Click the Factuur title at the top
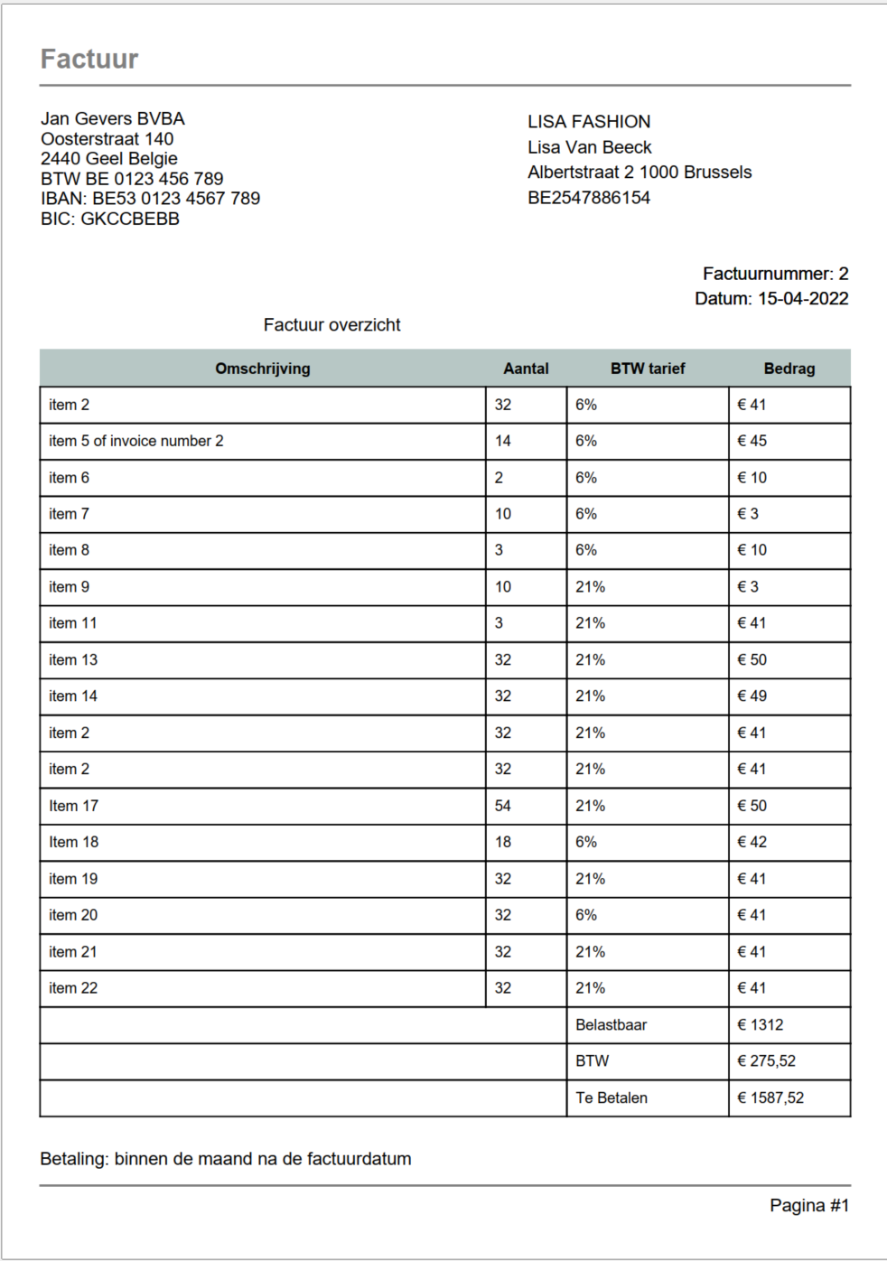point(89,60)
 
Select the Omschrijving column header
point(262,369)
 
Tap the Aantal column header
point(526,369)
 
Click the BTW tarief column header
point(647,369)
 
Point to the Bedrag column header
point(789,369)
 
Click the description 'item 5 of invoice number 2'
point(136,441)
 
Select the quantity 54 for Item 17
point(503,806)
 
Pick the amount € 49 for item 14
point(752,696)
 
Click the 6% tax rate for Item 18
point(586,842)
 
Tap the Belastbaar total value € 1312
point(760,1024)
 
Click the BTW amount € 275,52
point(766,1060)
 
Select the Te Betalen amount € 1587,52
point(770,1098)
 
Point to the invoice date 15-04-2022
point(802,299)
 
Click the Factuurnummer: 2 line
point(775,274)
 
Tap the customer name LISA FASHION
point(589,122)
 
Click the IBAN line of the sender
point(150,199)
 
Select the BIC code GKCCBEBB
point(130,219)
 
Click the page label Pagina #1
point(808,1205)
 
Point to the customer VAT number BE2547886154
point(589,198)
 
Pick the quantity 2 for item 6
point(499,478)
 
